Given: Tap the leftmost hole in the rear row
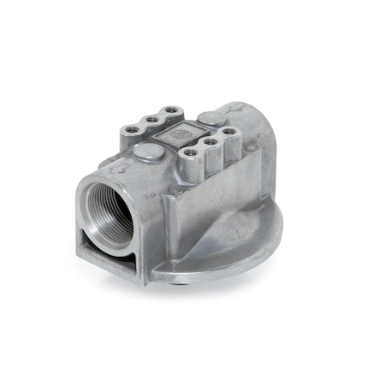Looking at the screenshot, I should (131, 129).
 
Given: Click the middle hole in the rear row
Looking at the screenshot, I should (151, 119).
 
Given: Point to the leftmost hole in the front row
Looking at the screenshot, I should (190, 154).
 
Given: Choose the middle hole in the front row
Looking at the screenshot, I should (210, 142).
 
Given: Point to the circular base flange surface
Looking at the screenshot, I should (248, 244).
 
